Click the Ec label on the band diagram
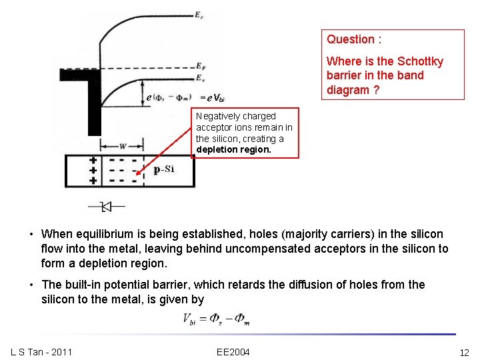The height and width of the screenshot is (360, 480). pos(199,15)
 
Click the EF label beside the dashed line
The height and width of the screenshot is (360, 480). pos(200,67)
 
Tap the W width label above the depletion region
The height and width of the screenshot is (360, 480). pos(123,146)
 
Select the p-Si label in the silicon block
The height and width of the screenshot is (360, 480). pos(163,169)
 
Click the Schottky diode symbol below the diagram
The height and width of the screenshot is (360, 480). pos(105,207)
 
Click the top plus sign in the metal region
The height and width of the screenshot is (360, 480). pos(93,161)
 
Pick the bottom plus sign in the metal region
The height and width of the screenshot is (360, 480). pos(93,180)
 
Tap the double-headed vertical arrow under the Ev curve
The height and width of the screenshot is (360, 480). pos(143,93)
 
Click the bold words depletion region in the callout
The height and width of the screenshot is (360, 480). pos(233,150)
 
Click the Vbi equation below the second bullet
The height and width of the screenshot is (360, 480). pos(215,319)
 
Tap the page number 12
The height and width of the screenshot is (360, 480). pos(464,353)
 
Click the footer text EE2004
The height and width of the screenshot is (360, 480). pos(233,352)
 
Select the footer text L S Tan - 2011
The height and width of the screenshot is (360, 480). pos(41,352)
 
